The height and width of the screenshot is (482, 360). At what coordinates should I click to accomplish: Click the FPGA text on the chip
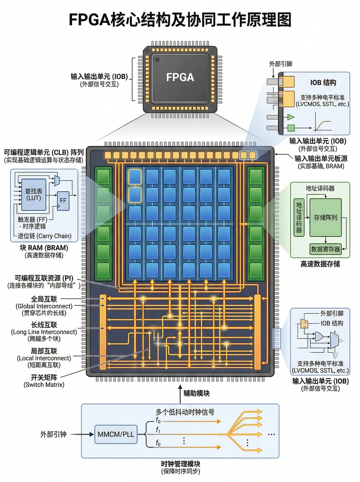click(180, 77)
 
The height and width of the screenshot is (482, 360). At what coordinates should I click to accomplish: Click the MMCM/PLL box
click(116, 434)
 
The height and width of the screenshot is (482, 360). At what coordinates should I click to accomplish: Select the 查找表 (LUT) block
click(34, 195)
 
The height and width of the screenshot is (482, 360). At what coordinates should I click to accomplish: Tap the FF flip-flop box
click(63, 201)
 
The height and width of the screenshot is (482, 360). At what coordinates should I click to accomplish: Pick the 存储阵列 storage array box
click(325, 217)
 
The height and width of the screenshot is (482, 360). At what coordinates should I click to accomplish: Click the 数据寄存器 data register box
click(325, 249)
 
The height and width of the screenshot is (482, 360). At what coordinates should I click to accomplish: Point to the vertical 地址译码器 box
click(299, 217)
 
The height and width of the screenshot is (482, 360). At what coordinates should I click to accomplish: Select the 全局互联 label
click(44, 299)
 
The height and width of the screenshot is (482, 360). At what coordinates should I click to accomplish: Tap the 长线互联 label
click(44, 325)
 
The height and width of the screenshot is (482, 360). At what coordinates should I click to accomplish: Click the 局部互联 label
click(44, 351)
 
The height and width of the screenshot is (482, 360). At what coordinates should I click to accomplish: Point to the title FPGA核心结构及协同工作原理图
click(180, 20)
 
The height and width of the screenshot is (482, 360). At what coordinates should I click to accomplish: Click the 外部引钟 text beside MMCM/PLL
click(53, 434)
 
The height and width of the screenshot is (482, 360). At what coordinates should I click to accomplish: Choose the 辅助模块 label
click(196, 393)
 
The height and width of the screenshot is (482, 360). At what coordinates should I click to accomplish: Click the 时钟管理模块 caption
click(180, 464)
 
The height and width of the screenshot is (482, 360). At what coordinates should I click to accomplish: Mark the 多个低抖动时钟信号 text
click(185, 412)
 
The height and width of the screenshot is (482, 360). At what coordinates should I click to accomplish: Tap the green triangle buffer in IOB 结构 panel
click(291, 117)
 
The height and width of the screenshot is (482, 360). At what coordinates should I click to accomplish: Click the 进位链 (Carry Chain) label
click(45, 236)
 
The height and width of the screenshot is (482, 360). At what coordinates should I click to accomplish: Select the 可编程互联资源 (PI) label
click(44, 278)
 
